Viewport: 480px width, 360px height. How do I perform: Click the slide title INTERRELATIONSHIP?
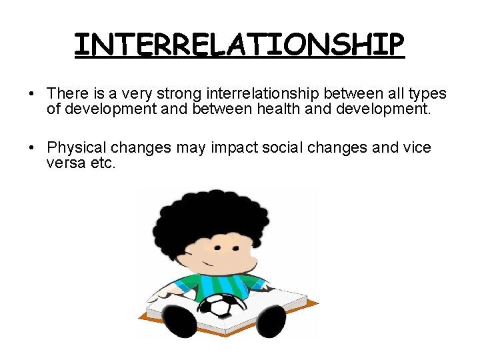239,45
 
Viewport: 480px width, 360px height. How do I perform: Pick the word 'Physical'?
76,147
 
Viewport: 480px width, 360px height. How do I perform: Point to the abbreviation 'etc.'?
103,163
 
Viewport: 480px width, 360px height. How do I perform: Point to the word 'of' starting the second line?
53,109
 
